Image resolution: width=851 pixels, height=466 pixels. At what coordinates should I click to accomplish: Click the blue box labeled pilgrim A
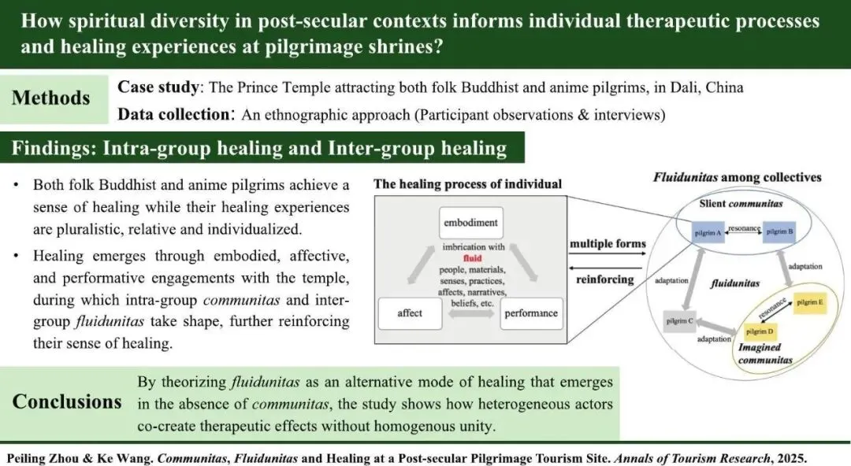[x=708, y=232]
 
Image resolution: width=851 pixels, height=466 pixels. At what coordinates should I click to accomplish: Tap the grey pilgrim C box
[x=680, y=321]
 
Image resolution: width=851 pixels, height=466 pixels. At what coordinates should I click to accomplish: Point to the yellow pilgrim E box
[x=809, y=301]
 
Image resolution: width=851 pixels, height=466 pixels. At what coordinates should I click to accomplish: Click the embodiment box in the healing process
[x=470, y=222]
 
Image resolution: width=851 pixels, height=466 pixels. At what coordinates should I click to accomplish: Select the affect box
[x=410, y=313]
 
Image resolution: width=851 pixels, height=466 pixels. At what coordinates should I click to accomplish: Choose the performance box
[x=531, y=313]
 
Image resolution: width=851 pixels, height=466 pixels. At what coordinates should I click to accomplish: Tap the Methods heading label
[x=51, y=98]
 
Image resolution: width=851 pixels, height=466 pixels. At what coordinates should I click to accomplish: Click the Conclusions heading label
[x=67, y=401]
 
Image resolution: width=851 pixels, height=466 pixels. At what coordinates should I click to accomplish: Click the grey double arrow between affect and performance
[x=470, y=313]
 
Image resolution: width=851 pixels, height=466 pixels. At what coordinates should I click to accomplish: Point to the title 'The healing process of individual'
[x=467, y=184]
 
